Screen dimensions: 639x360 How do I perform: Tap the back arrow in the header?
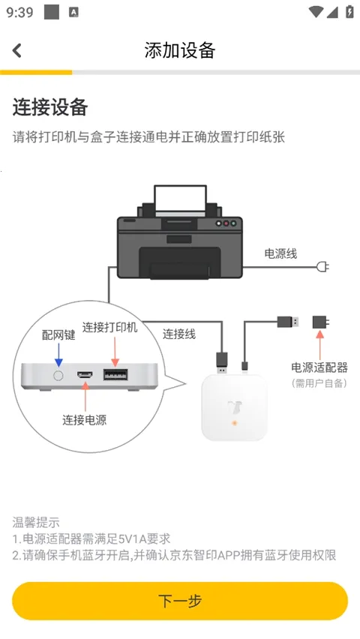pyautogui.click(x=17, y=50)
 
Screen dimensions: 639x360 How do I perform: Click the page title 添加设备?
pyautogui.click(x=180, y=50)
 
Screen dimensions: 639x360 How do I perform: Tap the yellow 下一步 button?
pyautogui.click(x=180, y=601)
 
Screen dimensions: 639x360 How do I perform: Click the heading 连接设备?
pyautogui.click(x=50, y=107)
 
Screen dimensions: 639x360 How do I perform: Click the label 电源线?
pyautogui.click(x=280, y=254)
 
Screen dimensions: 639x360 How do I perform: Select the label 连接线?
pyautogui.click(x=179, y=334)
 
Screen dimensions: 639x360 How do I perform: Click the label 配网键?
pyautogui.click(x=58, y=335)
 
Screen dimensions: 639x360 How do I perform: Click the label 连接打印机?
pyautogui.click(x=110, y=328)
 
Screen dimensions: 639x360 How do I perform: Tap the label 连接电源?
pyautogui.click(x=84, y=420)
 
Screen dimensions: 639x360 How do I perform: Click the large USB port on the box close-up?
pyautogui.click(x=115, y=374)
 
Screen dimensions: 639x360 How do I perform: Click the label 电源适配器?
pyautogui.click(x=319, y=367)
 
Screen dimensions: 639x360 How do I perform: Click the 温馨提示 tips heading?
pyautogui.click(x=36, y=522)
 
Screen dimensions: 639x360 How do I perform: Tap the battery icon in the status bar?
pyautogui.click(x=349, y=12)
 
